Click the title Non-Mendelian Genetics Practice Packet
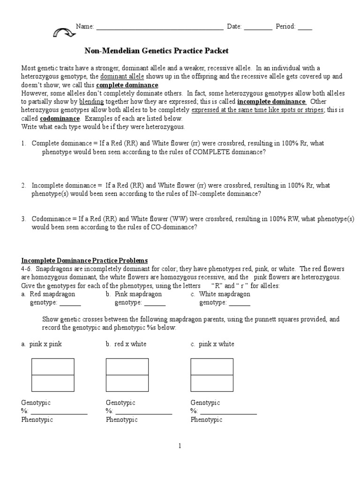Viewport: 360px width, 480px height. pos(156,51)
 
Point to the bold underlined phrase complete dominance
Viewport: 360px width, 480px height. pos(127,85)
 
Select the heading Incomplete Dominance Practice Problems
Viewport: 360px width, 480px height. pos(84,260)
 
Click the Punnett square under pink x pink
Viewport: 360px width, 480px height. pos(52,375)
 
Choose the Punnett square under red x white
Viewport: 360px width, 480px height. pos(127,375)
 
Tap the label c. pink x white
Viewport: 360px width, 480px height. pos(212,344)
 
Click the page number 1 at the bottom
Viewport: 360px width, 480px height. pos(180,446)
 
